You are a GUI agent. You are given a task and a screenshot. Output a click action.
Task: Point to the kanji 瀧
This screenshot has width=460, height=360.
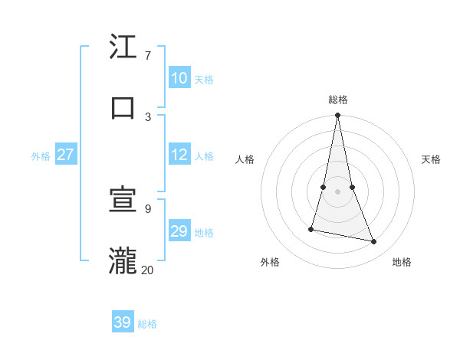[123, 260]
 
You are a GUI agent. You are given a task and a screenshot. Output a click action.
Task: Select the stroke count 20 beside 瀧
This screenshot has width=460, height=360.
[147, 270]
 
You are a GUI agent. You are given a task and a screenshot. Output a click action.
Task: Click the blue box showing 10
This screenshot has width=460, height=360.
[179, 78]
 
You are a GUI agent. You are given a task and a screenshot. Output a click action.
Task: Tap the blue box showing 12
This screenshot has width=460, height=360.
[179, 155]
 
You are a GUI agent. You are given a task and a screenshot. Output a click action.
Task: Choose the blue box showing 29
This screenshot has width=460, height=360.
[179, 231]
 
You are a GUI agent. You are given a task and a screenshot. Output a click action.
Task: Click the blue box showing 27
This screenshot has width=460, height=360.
[65, 155]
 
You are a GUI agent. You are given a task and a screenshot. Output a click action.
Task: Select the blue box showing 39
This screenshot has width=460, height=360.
[122, 322]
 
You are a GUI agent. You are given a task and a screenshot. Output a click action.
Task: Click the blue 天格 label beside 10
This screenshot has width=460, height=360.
[204, 80]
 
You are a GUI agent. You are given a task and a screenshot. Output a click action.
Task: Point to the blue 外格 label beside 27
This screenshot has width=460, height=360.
[41, 156]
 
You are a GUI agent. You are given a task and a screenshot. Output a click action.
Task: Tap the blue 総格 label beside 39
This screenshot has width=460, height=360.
[147, 324]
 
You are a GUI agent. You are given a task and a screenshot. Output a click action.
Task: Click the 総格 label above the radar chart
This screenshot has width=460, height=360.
[337, 100]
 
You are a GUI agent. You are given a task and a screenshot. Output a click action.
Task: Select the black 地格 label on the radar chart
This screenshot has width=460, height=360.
[402, 263]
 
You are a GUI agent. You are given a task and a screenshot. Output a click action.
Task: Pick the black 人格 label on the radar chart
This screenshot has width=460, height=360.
[245, 159]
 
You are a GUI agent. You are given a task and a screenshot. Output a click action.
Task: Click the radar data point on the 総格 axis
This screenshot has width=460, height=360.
[337, 116]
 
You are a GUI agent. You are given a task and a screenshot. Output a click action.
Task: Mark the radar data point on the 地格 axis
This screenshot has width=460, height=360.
[374, 242]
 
